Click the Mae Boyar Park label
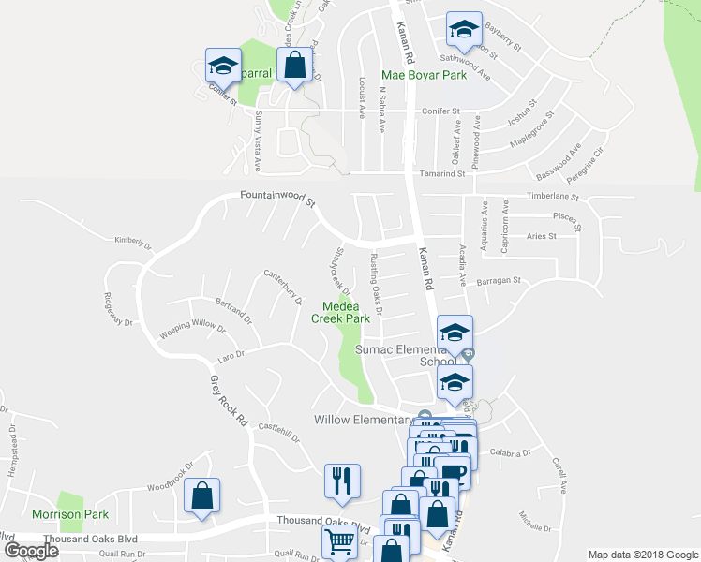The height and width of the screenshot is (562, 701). coord(424,74)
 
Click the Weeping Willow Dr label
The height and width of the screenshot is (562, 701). coord(192,327)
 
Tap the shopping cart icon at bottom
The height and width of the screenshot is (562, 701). coord(339,540)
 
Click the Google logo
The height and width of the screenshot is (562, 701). coord(31,550)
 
